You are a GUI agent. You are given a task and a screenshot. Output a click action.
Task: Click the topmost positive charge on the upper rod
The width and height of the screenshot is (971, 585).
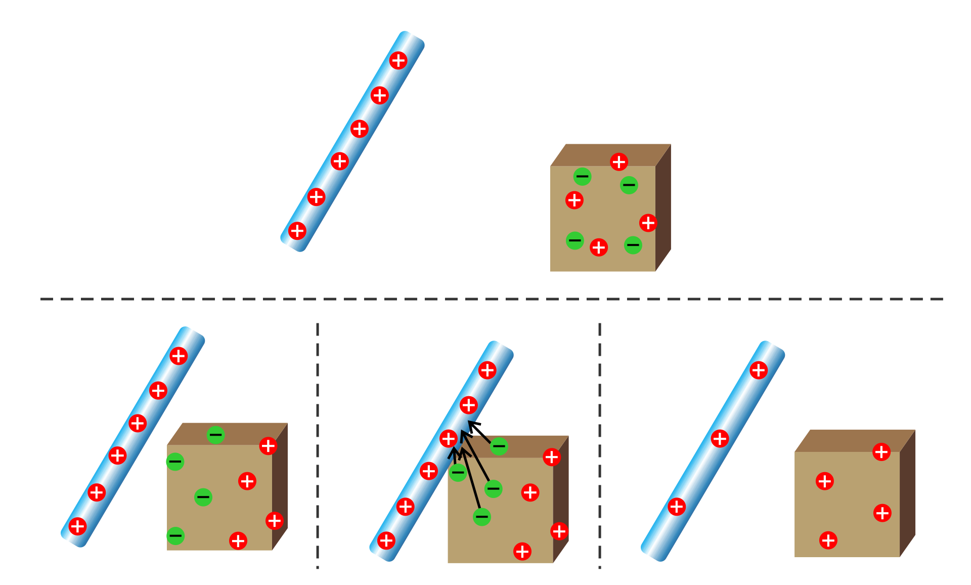(399, 61)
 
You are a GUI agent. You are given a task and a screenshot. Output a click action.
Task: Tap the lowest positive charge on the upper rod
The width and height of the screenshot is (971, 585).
(297, 231)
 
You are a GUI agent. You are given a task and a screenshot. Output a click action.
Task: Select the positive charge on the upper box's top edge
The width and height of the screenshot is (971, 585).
(619, 162)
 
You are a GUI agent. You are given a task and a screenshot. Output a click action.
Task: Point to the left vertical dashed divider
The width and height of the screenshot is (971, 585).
(318, 445)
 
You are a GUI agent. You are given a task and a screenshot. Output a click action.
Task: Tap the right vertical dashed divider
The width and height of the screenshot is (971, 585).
(600, 445)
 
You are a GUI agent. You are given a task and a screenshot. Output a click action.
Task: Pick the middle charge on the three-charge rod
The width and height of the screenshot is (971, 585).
(720, 438)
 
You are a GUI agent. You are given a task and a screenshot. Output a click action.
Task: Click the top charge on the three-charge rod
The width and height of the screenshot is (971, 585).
(759, 370)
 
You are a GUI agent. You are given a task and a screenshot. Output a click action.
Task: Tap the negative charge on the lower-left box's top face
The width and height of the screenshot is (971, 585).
(215, 435)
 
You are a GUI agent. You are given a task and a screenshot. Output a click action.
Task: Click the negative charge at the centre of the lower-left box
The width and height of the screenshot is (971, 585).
(203, 497)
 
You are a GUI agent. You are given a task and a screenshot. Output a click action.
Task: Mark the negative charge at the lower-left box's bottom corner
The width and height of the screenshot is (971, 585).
(175, 535)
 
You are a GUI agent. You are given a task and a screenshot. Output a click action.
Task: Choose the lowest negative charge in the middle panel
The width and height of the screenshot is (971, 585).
(482, 517)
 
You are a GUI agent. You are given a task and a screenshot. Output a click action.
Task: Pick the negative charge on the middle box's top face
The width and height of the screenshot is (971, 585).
(499, 446)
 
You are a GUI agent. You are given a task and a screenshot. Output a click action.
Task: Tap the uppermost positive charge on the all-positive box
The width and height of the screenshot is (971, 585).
(881, 452)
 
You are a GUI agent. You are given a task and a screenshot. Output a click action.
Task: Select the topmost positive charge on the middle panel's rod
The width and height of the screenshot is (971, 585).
(488, 370)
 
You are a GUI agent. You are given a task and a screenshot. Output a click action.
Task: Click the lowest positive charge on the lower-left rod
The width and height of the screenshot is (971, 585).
(77, 526)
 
